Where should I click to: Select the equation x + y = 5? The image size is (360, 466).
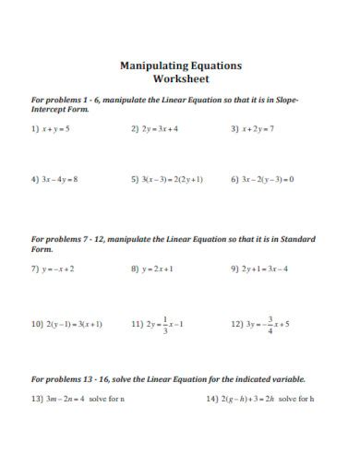tap(55, 129)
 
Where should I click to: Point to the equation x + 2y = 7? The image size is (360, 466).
tap(258, 129)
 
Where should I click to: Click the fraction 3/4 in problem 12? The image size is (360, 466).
tap(270, 325)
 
